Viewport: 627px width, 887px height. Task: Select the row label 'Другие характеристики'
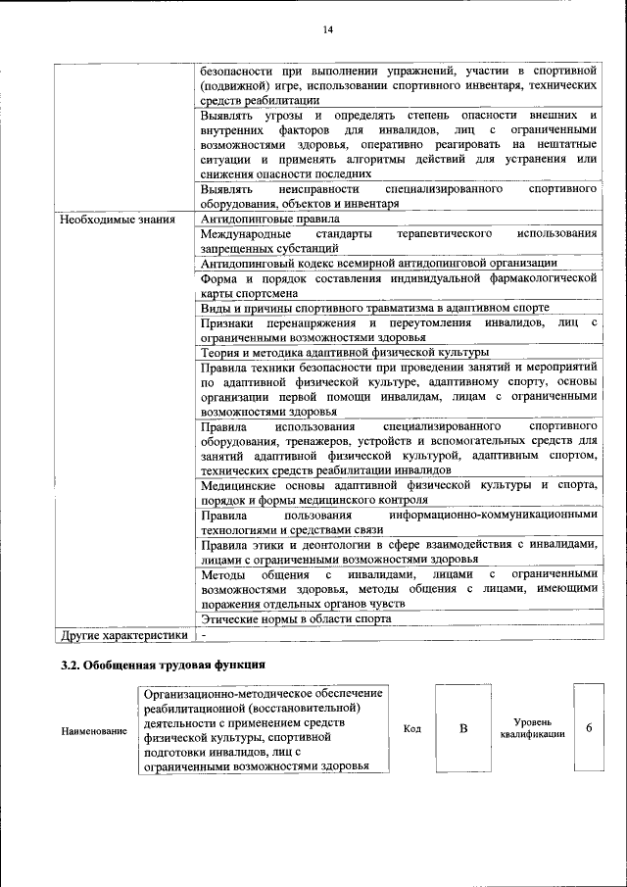tap(122, 635)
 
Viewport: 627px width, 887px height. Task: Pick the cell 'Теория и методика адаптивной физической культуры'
tap(344, 353)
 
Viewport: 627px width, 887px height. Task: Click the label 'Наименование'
tap(94, 730)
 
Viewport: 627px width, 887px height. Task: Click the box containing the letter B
tap(463, 728)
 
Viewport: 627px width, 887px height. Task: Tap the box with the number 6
tap(589, 728)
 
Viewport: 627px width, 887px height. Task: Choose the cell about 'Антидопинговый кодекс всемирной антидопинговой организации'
tap(378, 264)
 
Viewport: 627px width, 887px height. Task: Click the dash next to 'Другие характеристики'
tap(204, 635)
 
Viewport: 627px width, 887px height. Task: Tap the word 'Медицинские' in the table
tap(238, 485)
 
